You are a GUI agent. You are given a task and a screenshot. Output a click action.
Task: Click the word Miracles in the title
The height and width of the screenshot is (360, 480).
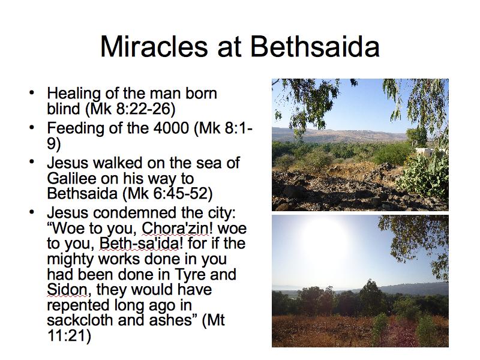(154, 47)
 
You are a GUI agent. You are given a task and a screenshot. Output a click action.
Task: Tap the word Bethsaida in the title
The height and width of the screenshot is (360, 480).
(316, 47)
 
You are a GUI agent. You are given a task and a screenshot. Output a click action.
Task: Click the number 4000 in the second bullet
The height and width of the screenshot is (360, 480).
(171, 127)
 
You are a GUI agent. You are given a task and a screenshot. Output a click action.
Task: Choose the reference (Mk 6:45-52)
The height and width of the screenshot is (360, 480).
(167, 193)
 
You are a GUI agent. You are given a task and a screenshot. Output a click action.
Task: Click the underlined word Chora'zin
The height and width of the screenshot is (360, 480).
(175, 228)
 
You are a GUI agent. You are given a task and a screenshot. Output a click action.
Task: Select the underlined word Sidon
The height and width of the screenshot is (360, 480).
(67, 289)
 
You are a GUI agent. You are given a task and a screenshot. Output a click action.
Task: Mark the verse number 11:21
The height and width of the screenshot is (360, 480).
(69, 335)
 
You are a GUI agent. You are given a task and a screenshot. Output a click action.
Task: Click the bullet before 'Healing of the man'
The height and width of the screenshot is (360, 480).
(32, 93)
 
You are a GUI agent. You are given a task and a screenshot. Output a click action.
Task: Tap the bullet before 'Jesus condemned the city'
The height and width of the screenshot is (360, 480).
(32, 212)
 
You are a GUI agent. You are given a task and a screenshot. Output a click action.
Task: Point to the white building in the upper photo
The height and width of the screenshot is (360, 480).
(425, 151)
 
